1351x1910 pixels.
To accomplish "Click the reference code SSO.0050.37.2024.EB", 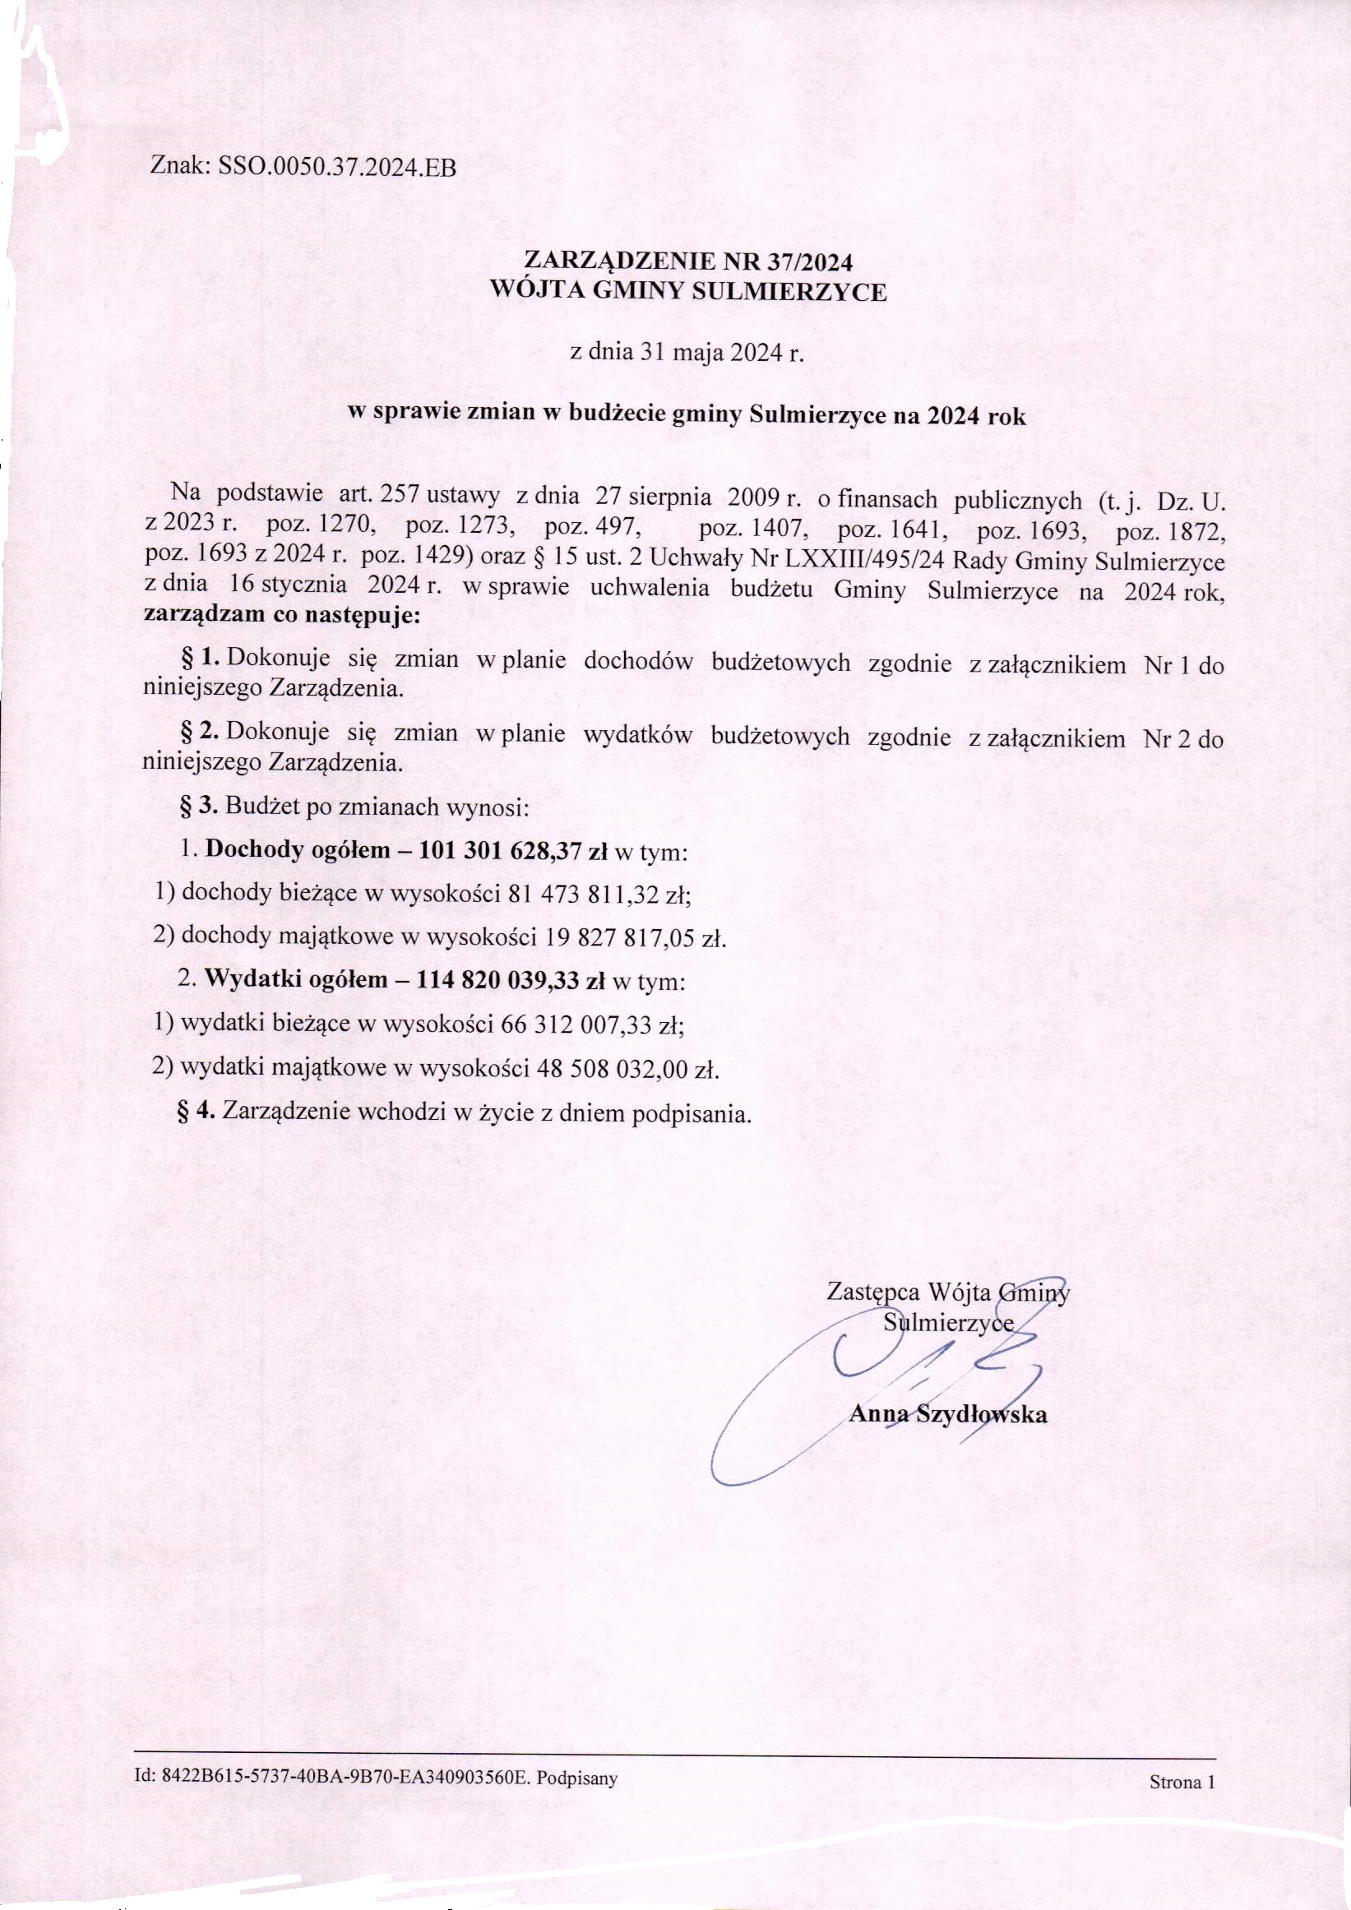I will tap(337, 167).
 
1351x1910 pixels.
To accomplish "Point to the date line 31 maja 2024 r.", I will tap(687, 352).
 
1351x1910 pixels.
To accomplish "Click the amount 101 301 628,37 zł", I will tap(512, 849).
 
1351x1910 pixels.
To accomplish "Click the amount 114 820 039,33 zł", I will tap(510, 980).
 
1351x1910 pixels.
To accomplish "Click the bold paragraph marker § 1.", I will tap(201, 658).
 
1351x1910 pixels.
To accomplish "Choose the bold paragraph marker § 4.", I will tap(197, 1111).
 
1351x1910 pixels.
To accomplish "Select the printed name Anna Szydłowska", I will tap(946, 1414).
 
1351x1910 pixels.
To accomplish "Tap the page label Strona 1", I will tap(1182, 1782).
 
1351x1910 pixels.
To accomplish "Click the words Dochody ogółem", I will tap(297, 849).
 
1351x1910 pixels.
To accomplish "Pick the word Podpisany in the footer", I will tap(576, 1778).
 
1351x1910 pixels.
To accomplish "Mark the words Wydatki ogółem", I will tap(296, 979).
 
